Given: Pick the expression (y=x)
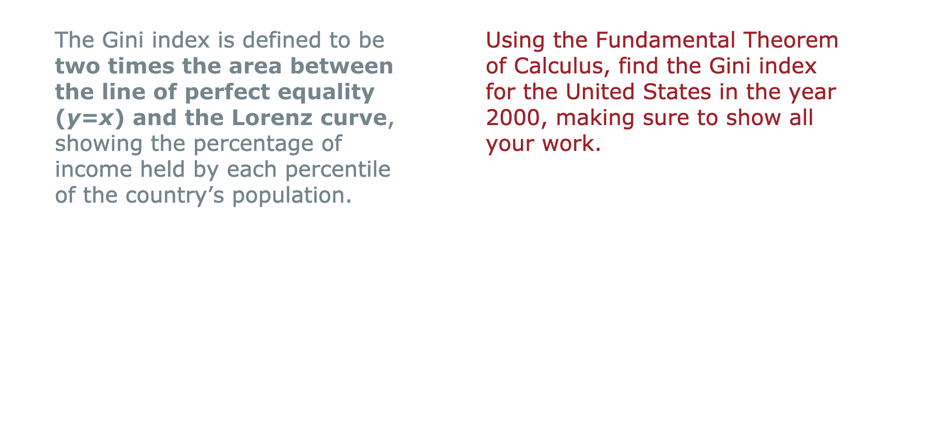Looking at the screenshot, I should coord(90,118).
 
